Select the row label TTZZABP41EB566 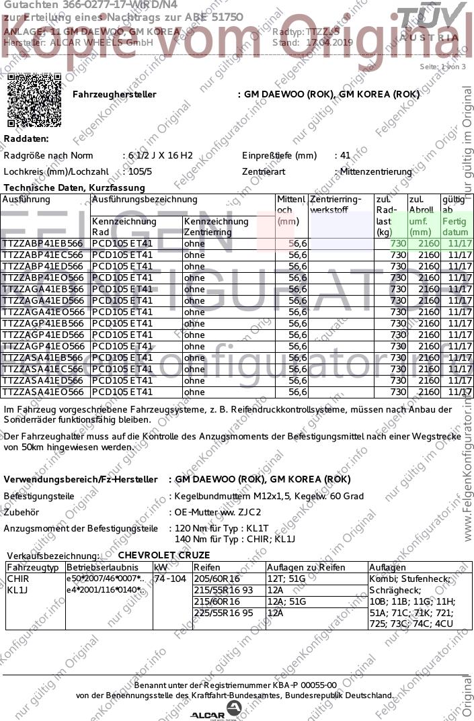(x=43, y=243)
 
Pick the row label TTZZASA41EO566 (x=43, y=392)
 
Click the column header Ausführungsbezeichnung (x=145, y=200)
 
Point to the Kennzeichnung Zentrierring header (x=216, y=226)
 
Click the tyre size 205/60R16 (x=216, y=579)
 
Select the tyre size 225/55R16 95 (x=224, y=613)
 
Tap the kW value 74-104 (x=170, y=579)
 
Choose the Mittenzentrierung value (x=376, y=171)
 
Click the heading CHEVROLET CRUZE (x=164, y=555)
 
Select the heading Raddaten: (x=26, y=138)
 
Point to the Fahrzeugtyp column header (x=34, y=568)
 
